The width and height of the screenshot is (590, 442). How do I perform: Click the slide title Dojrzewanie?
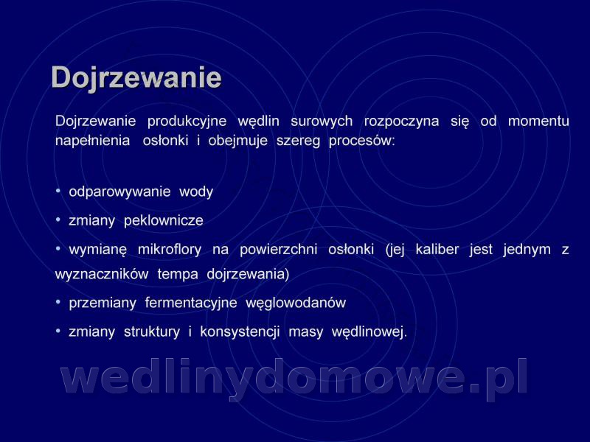point(136,78)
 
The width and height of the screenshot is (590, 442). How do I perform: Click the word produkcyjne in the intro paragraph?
point(187,122)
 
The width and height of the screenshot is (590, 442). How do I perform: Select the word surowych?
point(322,121)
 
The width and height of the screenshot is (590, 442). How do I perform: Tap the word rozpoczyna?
point(401,122)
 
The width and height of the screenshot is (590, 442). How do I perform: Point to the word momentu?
point(538,121)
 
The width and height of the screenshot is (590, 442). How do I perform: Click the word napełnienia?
point(93,141)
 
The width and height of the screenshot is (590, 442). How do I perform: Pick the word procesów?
point(362,141)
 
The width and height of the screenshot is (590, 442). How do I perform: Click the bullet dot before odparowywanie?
point(58,191)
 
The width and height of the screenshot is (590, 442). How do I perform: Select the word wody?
point(196,192)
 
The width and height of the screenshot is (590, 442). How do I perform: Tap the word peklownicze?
point(163,220)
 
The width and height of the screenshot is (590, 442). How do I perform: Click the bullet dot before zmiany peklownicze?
point(58,220)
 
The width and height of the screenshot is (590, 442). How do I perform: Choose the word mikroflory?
point(170,250)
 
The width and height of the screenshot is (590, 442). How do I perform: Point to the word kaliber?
point(437,249)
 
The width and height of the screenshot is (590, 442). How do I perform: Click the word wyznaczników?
point(102,274)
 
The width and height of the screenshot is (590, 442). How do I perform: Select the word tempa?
point(178,275)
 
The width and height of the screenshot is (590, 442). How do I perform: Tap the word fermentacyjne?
point(191,303)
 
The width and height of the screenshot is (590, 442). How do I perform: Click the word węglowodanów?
point(296,303)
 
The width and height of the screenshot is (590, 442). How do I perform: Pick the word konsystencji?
point(240,332)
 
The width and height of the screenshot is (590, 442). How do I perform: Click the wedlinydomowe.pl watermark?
point(294,377)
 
